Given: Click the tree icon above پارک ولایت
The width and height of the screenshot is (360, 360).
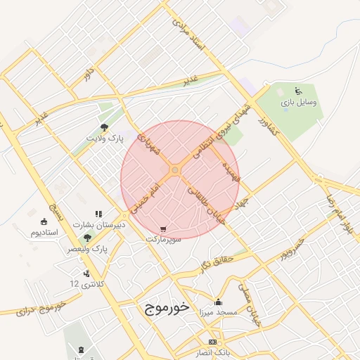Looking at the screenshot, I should click(104, 127).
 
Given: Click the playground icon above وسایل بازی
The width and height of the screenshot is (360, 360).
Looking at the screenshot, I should click(298, 90).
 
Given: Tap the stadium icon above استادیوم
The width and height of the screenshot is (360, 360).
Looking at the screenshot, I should click(35, 221).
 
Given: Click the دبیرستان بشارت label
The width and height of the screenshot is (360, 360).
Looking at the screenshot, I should click(100, 224).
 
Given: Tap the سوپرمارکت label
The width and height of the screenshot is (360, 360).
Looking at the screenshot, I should click(164, 239).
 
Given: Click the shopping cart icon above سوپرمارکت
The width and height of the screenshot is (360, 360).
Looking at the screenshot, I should click(164, 229).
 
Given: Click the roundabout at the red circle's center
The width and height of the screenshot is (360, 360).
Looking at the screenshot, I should click(174, 169).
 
